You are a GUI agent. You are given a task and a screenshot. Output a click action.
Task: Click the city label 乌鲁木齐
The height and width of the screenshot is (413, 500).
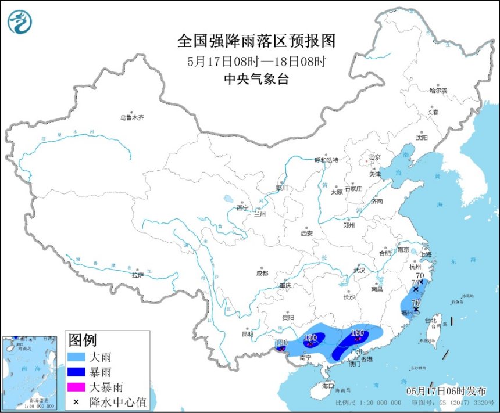131,117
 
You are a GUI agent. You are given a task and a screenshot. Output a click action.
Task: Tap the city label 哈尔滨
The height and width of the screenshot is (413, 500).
438,91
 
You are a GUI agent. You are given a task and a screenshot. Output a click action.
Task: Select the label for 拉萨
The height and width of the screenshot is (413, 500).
137,275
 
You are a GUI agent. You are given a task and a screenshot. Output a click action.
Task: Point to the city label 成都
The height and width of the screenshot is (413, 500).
262,273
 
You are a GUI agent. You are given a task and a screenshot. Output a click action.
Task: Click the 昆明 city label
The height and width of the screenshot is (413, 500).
248,334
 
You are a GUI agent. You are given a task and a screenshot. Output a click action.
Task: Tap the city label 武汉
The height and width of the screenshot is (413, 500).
359,270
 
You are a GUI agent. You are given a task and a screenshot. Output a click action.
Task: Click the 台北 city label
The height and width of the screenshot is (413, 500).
431,320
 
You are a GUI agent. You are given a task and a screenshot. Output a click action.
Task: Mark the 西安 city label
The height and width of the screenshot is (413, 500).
306,234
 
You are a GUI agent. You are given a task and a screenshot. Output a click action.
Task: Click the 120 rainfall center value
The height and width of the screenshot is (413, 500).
281,343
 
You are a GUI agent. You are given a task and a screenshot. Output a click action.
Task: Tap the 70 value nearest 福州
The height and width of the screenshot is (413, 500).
415,303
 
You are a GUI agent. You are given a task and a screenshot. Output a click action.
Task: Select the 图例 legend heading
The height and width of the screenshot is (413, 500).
83,340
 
